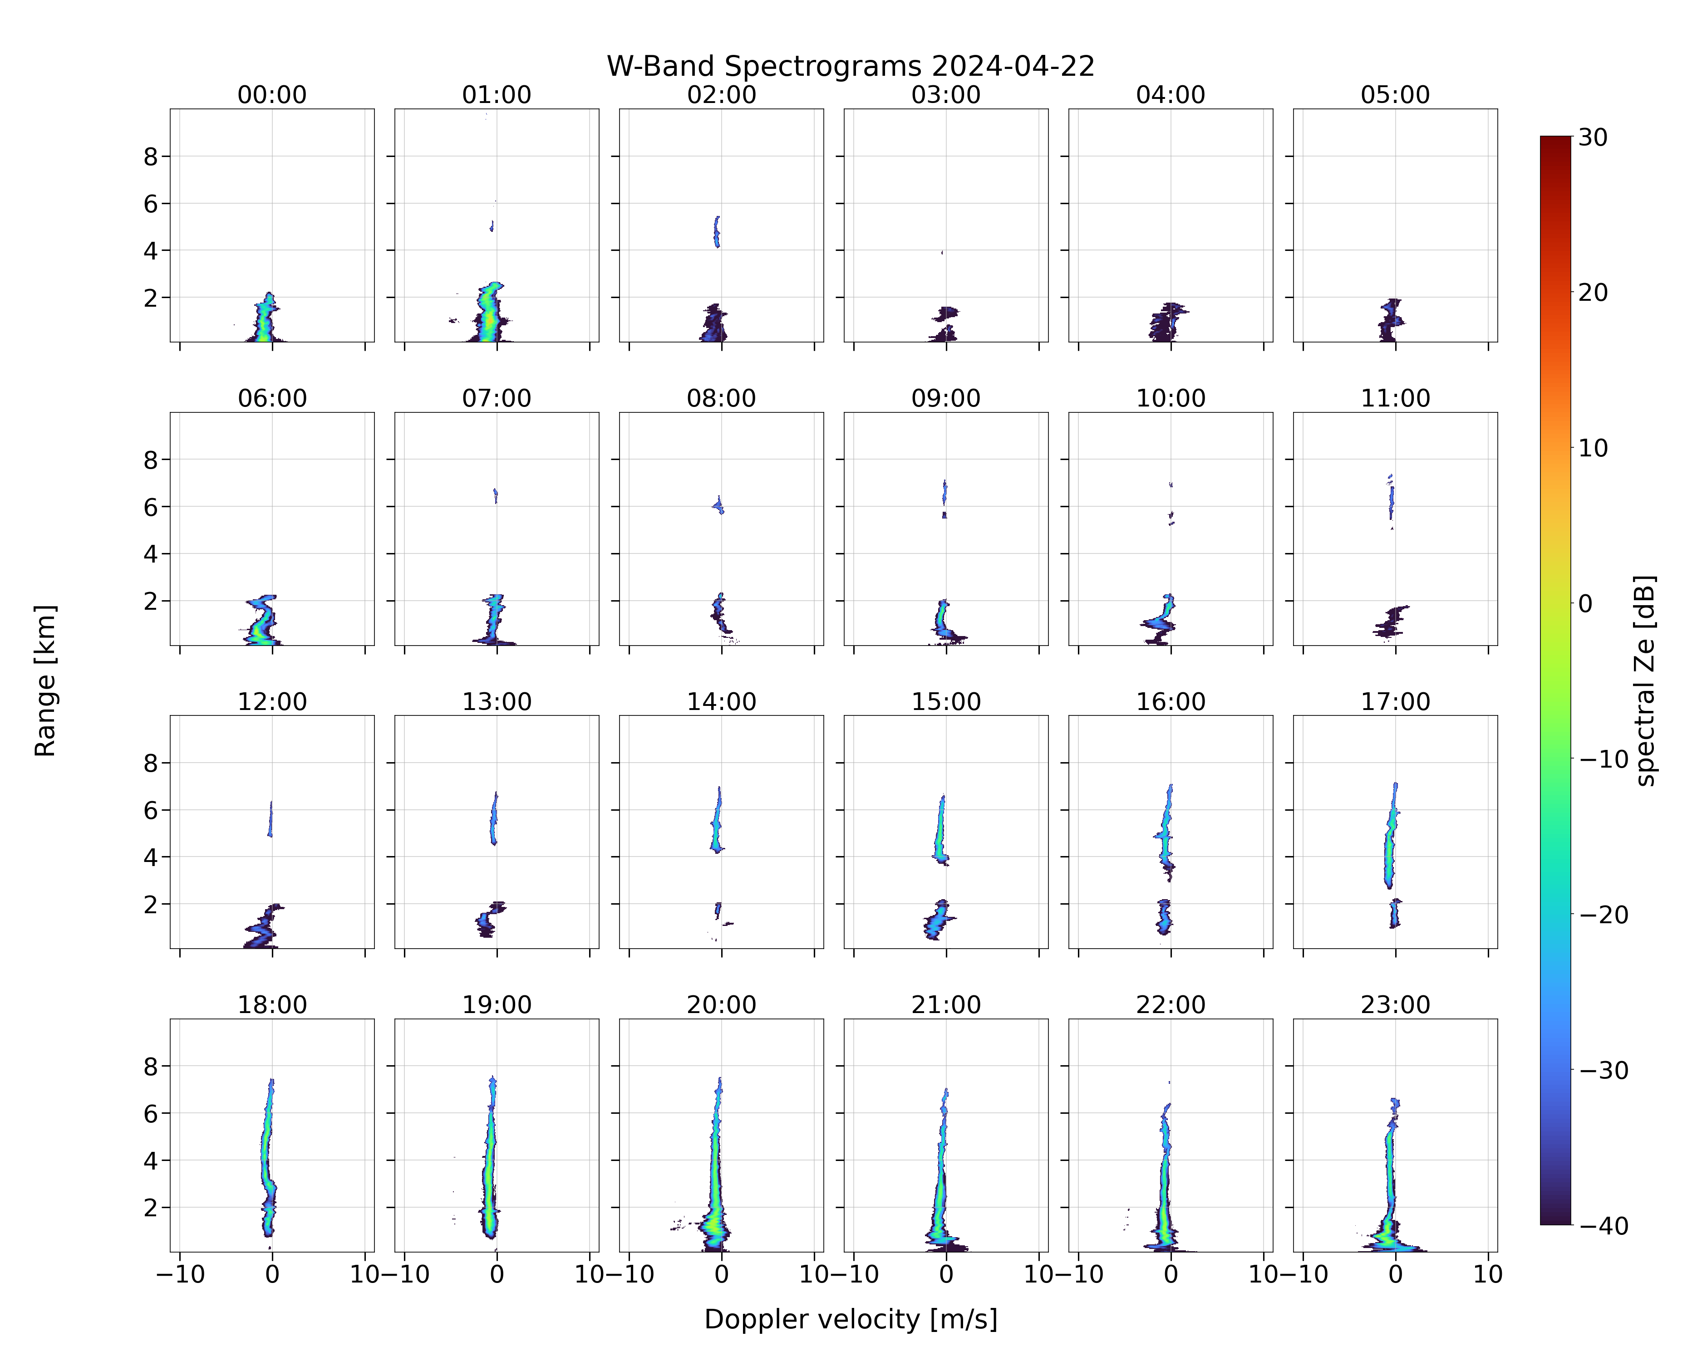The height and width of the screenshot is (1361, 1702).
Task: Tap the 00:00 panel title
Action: (272, 95)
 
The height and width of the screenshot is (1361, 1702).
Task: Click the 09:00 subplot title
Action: (946, 398)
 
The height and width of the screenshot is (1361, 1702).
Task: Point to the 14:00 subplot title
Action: (722, 701)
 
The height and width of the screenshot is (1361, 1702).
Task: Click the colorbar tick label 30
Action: (1593, 137)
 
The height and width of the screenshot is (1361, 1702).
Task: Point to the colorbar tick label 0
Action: (1586, 603)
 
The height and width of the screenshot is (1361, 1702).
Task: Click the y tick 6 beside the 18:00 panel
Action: (151, 1113)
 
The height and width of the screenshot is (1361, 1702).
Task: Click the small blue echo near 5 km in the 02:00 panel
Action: (717, 232)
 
